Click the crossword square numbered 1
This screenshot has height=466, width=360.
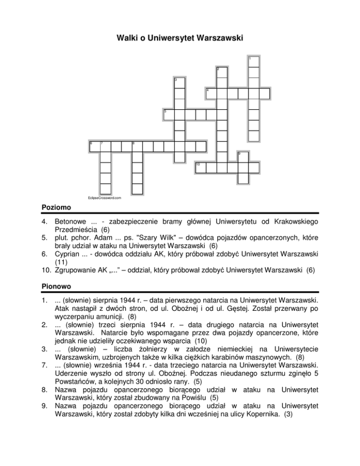254,62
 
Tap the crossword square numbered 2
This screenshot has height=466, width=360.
221,73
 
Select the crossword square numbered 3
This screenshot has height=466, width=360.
178,83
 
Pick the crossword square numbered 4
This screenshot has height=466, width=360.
210,94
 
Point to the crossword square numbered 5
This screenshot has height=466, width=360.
168,115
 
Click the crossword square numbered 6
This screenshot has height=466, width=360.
94,146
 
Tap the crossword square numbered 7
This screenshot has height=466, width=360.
105,146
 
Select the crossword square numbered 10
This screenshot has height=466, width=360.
200,168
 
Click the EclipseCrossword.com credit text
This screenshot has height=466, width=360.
105,198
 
